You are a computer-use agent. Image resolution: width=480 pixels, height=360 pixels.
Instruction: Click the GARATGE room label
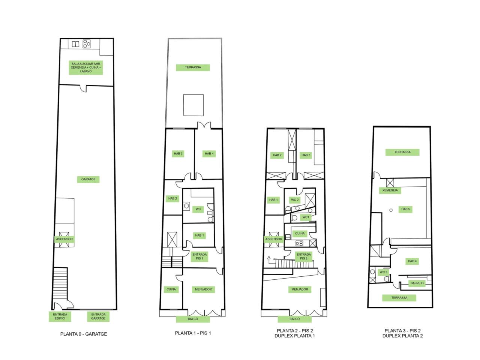pos(88,179)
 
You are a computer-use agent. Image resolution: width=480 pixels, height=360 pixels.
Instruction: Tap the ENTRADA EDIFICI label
pos(60,316)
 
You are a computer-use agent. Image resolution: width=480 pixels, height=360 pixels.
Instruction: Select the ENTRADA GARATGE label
pos(98,316)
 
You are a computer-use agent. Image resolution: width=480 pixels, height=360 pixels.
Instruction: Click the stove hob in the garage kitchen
pos(86,44)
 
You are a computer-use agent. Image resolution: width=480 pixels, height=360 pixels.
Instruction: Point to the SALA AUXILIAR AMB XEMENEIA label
pos(86,67)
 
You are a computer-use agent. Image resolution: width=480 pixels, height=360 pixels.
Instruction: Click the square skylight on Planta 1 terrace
pos(193,105)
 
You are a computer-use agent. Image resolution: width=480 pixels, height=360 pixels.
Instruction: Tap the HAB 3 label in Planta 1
pos(178,154)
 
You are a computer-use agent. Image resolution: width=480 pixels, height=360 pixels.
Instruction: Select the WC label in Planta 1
pos(198,209)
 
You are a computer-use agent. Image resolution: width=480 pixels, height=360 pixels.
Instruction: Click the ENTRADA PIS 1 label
pos(199,256)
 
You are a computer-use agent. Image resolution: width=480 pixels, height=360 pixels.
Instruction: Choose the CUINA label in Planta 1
pos(171,289)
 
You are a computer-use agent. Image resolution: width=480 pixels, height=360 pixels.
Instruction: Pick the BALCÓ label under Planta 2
pos(294,319)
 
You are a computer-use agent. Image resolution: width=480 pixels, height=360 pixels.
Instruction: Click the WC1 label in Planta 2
pos(306,217)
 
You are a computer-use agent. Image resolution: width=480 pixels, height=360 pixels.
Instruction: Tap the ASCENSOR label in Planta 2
pos(274,239)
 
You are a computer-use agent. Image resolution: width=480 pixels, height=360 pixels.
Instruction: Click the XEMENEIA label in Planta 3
pos(390,190)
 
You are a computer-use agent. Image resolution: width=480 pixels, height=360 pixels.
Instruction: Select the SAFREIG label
pos(417,283)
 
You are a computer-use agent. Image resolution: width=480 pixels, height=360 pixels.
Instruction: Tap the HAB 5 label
pos(405,209)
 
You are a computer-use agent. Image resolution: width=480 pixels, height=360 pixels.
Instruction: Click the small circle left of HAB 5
pos(391,210)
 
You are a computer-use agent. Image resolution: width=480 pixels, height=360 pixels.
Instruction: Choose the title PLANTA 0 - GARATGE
pos(84,334)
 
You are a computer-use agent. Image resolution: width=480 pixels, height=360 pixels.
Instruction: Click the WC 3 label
pos(383,272)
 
